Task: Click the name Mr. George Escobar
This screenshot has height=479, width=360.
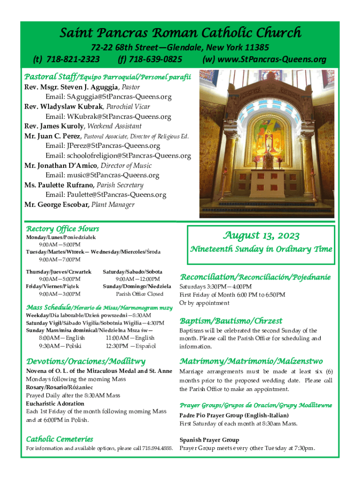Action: [x=57, y=204]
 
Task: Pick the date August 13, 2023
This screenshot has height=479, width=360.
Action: [x=261, y=235]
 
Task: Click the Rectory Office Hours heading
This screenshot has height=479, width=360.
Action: [x=62, y=229]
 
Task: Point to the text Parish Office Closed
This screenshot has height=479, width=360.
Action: [x=139, y=294]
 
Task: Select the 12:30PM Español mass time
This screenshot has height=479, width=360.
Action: [x=130, y=346]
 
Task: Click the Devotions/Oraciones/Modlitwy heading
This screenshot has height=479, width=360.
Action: [x=86, y=362]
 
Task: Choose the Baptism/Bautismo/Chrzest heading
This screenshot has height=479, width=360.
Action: [x=231, y=321]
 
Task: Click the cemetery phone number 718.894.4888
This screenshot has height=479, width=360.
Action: [x=158, y=449]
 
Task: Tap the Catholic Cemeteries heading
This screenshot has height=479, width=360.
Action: [x=59, y=439]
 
